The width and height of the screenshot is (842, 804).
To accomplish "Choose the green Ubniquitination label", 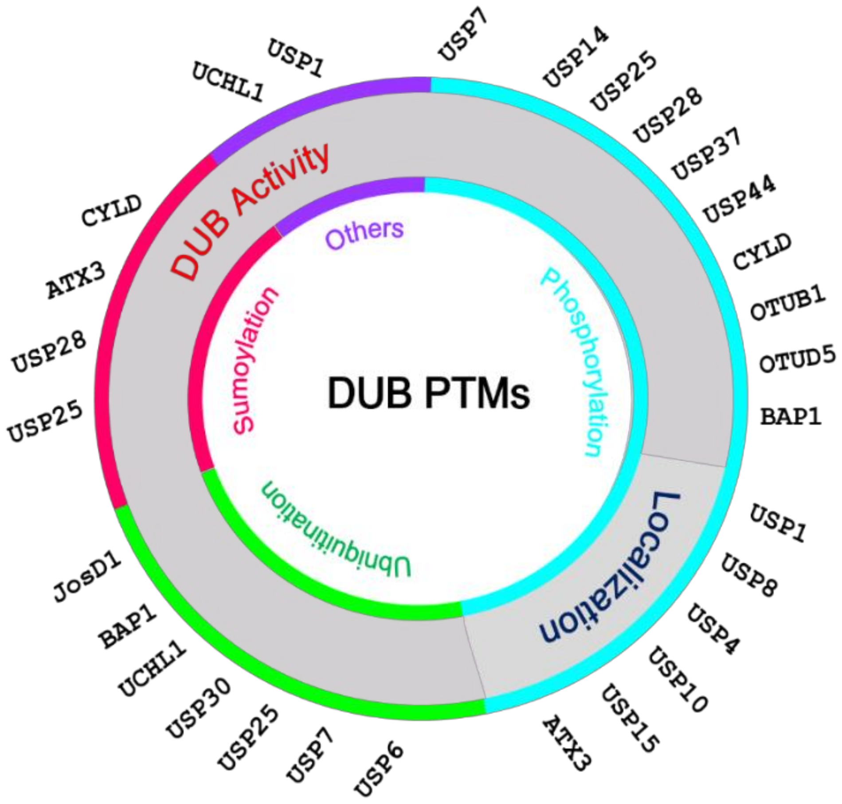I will [x=337, y=531].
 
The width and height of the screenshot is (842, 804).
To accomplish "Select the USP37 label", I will [x=706, y=154].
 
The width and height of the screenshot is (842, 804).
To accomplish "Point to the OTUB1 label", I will [x=787, y=303].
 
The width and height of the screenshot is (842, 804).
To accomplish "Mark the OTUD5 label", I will [x=797, y=359].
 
